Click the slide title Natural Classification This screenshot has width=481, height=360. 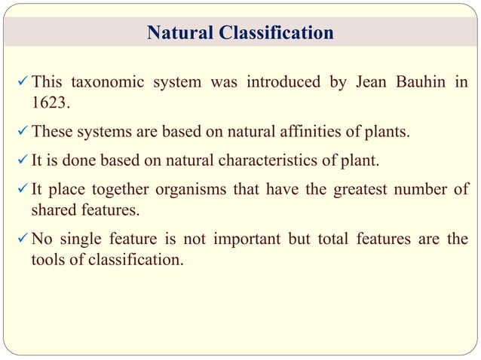click(x=240, y=33)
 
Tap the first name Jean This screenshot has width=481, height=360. click(x=360, y=83)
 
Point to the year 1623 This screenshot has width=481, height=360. click(x=48, y=102)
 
